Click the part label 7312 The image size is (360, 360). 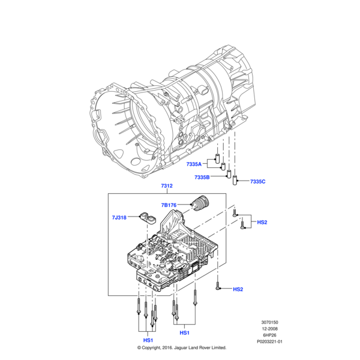(167, 185)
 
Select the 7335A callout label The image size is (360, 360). (194, 164)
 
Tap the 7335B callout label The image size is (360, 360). (202, 177)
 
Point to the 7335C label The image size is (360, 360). (257, 181)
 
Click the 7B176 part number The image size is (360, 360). (169, 205)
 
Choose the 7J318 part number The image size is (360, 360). (119, 217)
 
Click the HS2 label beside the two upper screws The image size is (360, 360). (262, 222)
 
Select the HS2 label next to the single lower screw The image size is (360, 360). (238, 289)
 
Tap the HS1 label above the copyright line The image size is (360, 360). (148, 340)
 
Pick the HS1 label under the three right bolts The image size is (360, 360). (184, 332)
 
